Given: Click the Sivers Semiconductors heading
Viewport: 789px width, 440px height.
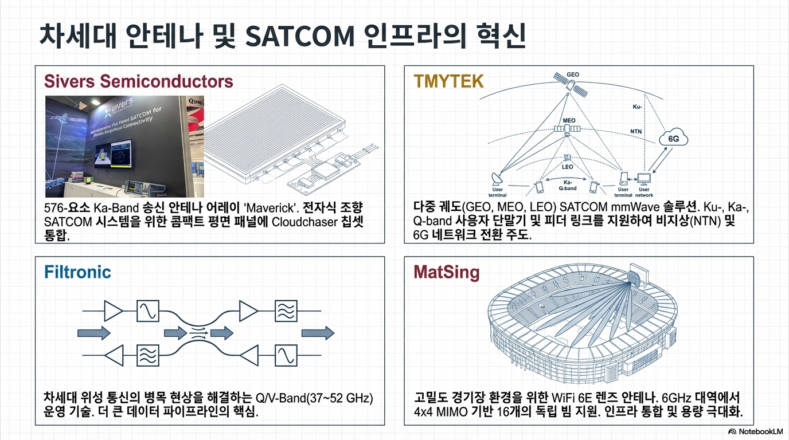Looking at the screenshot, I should pos(139,81).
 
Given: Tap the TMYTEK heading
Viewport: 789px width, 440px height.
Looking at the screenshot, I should pos(448,81).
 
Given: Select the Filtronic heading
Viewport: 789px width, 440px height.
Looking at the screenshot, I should pos(77,272).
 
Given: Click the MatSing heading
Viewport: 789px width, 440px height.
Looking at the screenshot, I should pos(446,272).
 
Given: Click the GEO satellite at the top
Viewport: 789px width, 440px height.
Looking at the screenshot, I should pos(566,84).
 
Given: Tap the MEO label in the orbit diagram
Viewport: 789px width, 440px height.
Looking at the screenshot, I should pos(569,121).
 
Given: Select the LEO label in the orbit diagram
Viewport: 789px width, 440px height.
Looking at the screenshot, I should pos(567,167).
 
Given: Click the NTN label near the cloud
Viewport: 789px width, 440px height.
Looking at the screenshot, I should pos(636,131).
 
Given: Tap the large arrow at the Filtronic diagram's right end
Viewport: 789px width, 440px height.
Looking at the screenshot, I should pos(318,332).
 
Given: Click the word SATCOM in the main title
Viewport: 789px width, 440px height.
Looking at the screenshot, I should pos(299,36).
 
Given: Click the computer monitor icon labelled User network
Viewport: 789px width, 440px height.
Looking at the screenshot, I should pos(644,178).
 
